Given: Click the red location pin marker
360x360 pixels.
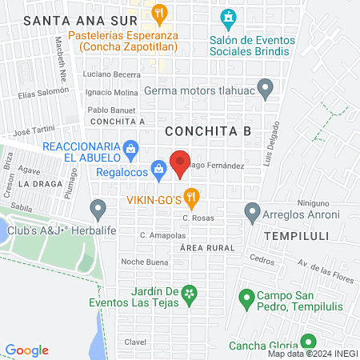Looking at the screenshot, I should [x=180, y=162].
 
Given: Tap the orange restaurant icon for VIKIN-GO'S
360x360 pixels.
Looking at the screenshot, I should [x=190, y=195].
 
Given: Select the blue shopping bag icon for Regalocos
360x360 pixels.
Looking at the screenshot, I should [x=159, y=168].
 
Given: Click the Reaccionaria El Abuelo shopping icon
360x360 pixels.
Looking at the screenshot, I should [x=130, y=148].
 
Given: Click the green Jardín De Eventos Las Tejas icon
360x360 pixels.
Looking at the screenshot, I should [x=189, y=294].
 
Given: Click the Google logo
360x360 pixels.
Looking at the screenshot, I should [x=27, y=350].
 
